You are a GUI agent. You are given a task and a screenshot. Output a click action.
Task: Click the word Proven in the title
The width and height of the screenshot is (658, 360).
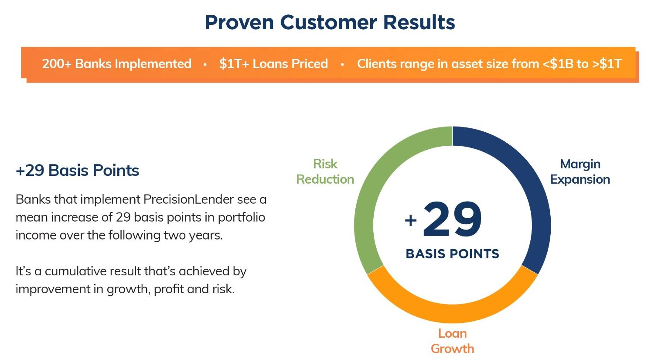tap(239, 23)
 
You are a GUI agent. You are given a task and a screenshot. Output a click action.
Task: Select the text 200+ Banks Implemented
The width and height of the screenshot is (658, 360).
tap(116, 64)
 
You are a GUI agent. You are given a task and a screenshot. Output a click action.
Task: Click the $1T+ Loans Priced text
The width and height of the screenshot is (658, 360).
tap(273, 64)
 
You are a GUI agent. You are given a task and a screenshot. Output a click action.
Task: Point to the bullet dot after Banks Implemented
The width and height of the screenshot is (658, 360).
tap(205, 65)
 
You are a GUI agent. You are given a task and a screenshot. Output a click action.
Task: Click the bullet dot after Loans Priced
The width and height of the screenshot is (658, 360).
tap(342, 65)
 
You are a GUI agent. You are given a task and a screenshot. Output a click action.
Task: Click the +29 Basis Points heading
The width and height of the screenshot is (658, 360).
tap(77, 171)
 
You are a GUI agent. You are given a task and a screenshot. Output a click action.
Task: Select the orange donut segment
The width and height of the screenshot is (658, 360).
tap(452, 314)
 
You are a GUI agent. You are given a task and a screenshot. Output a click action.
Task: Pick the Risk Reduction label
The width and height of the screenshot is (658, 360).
tap(325, 171)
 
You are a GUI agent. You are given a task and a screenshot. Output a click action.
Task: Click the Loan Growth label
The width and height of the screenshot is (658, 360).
tap(452, 341)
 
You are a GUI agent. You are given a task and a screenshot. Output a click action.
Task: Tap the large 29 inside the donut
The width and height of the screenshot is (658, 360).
tap(452, 219)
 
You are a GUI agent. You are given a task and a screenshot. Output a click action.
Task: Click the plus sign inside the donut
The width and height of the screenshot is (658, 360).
tap(411, 220)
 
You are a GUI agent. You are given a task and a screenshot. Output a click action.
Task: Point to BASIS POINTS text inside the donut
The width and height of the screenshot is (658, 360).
tap(452, 254)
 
